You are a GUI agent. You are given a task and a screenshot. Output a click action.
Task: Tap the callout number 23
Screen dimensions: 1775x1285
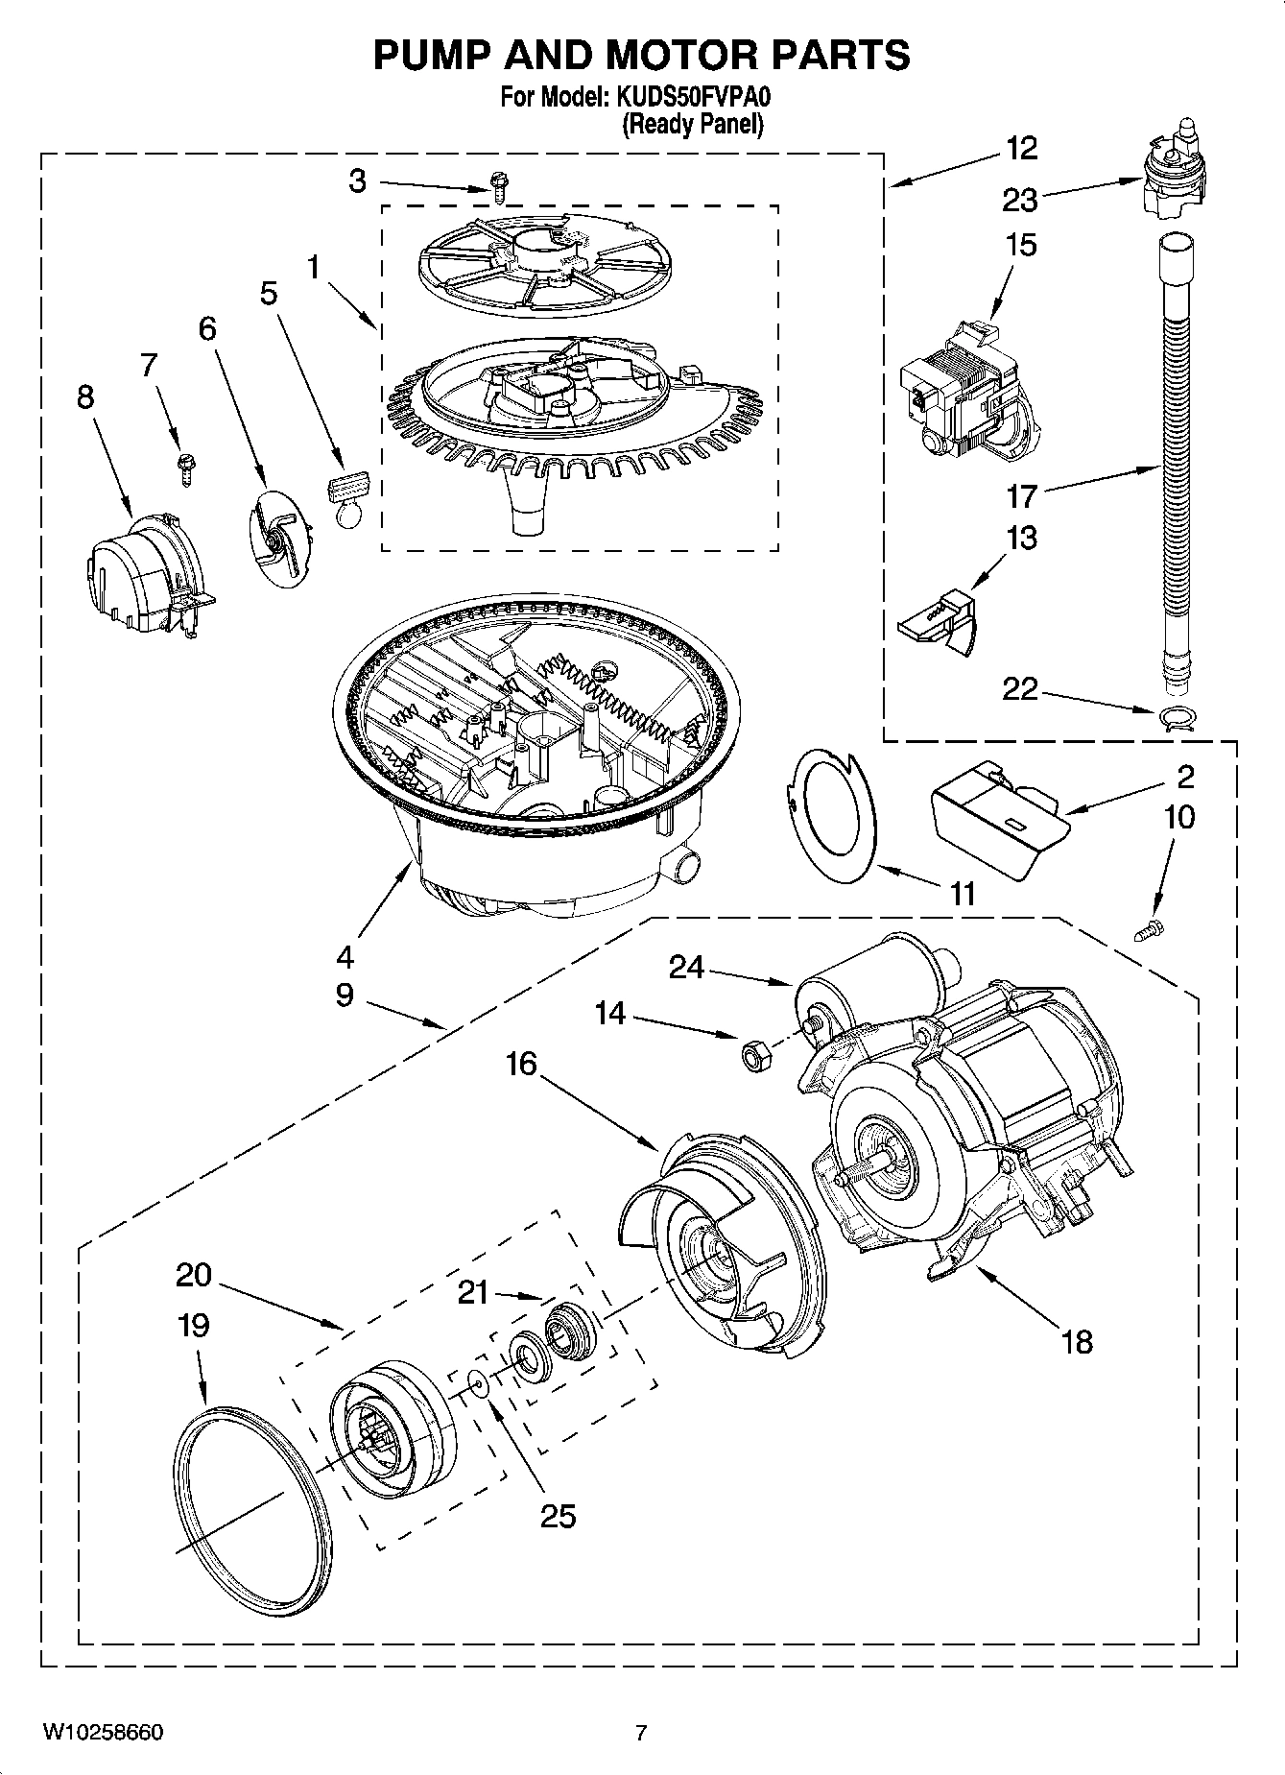(1020, 200)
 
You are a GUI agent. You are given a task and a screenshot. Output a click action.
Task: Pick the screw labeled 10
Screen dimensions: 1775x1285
(1151, 928)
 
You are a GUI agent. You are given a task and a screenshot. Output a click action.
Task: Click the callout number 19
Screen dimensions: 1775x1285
(193, 1326)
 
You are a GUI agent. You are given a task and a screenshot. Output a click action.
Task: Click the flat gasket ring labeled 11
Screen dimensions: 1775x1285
(831, 816)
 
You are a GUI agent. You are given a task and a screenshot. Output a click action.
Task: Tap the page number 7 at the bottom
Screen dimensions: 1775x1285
(641, 1733)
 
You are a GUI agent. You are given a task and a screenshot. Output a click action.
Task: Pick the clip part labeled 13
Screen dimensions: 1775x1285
(938, 623)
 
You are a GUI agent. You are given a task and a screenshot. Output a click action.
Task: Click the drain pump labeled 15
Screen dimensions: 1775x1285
(965, 395)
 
